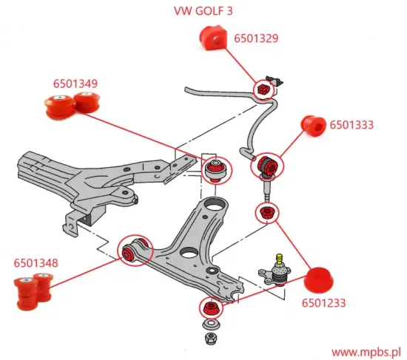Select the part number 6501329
[x=256, y=38]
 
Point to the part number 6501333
[x=351, y=125]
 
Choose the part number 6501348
[x=36, y=262]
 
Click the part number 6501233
[x=323, y=302]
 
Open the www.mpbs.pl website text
[x=366, y=351]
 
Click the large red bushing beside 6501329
[x=213, y=40]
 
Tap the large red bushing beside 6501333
[x=313, y=126]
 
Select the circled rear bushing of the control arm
[x=216, y=170]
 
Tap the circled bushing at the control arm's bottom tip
[x=212, y=307]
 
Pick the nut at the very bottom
[x=211, y=339]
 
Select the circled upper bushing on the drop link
[x=267, y=166]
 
